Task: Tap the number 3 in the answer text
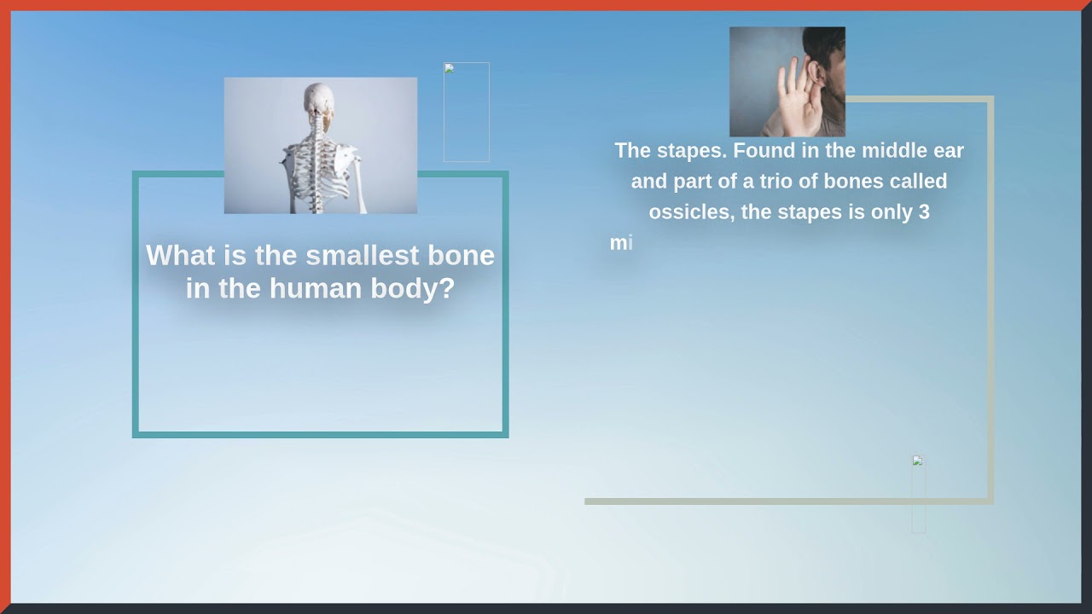(923, 212)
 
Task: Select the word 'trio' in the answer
(778, 182)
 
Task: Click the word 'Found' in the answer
(763, 151)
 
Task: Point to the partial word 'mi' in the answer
(620, 243)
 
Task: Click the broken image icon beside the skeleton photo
(449, 68)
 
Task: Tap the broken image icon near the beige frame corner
(917, 460)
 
